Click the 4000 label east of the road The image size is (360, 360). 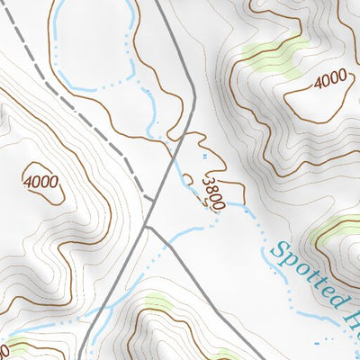coord(330,80)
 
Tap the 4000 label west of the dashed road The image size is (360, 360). coord(42,182)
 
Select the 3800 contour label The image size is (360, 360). coord(213,193)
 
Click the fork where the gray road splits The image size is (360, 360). coord(147,227)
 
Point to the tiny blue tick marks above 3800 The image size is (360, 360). coord(205,158)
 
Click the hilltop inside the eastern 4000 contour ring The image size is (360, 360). coord(310,94)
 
